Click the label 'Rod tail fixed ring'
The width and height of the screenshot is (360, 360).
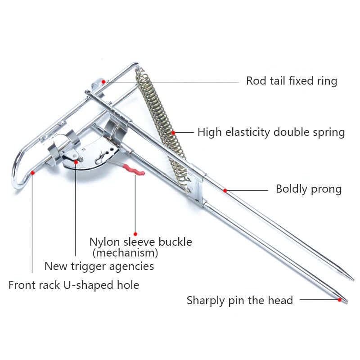291,81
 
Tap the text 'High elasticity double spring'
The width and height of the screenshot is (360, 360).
271,132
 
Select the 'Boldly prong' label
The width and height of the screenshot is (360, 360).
308,189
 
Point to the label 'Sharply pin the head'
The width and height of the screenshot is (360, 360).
239,300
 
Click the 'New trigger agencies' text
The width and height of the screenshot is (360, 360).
99,266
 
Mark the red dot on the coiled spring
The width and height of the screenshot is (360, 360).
174,133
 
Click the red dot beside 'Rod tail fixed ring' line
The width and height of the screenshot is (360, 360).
103,81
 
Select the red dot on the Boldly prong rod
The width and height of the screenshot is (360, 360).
225,190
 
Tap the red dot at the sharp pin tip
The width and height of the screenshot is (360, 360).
340,299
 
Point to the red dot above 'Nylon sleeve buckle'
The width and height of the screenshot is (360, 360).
135,234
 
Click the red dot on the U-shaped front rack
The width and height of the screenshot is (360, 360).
32,172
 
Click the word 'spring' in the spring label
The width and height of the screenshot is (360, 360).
330,133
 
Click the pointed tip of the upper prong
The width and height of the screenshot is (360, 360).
353,278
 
